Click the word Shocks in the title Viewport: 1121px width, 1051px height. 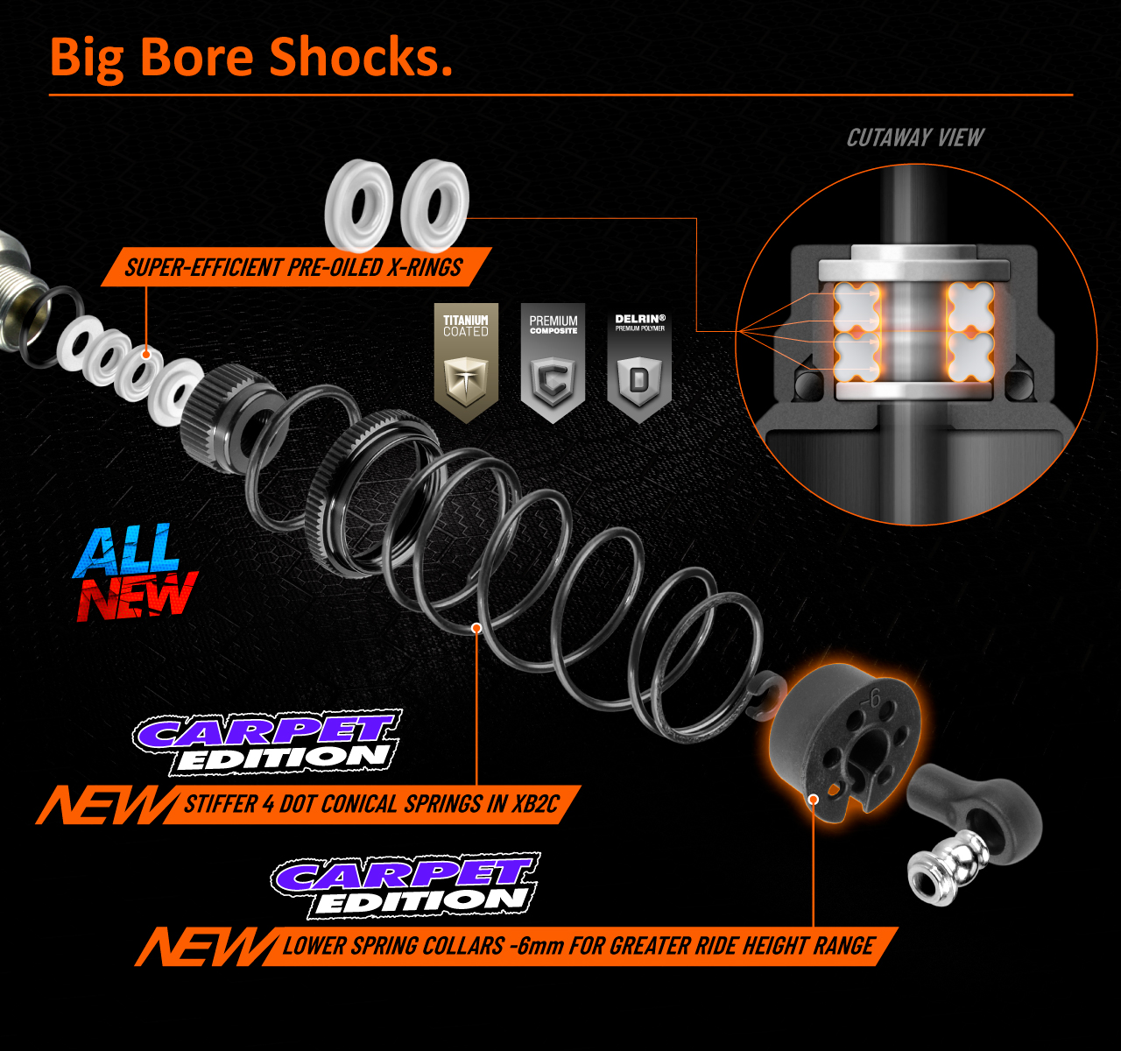360,58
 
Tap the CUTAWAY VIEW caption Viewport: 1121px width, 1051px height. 915,138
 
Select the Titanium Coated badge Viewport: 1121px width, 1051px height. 466,361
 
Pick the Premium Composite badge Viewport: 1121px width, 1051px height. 553,361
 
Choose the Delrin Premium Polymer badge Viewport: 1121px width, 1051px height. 639,361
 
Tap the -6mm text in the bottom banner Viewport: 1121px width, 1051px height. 534,946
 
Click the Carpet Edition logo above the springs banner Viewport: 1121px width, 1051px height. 267,743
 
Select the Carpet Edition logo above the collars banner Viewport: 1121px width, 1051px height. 405,885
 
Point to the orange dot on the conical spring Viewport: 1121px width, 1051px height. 476,628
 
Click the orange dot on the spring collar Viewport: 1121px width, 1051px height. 814,799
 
